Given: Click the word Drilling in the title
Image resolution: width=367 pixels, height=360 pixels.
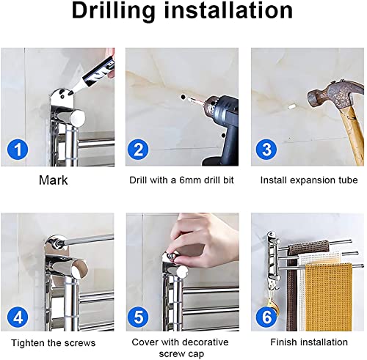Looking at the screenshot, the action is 114,11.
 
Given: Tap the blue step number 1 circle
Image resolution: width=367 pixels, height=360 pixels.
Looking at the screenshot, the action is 18,150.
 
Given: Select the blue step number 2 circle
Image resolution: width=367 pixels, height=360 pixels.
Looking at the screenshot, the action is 138,150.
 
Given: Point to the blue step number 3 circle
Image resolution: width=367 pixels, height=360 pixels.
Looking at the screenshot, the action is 266,150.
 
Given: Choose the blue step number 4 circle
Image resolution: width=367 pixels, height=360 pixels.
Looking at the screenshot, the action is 18,317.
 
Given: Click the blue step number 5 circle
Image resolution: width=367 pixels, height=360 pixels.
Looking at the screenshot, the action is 138,317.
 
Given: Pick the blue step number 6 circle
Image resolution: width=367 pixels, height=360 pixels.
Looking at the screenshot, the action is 266,317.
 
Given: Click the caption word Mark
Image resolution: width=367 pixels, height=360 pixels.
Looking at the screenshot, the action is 53,180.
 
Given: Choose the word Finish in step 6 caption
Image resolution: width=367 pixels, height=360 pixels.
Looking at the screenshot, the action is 282,342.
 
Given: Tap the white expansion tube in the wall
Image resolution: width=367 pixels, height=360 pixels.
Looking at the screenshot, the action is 291,106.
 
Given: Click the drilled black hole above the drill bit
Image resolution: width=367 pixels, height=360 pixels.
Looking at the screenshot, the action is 182,97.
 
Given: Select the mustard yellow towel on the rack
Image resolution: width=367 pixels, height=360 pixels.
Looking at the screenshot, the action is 328,297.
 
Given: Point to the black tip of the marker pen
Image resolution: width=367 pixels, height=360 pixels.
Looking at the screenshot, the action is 71,92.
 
